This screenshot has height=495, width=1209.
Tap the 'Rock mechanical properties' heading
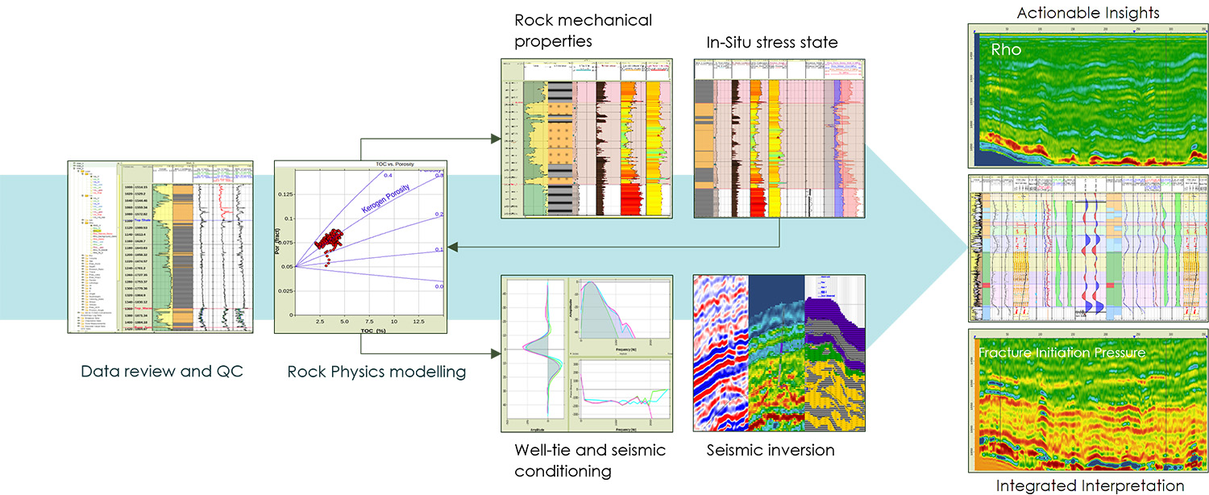[x=572, y=30]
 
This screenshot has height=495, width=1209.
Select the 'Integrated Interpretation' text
[x=1090, y=485]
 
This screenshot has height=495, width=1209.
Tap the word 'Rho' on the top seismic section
[x=1006, y=50]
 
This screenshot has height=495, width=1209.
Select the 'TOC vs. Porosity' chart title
[x=360, y=164]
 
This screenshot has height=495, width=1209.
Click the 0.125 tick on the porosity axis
[x=285, y=194]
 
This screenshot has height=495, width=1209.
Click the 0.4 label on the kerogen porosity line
[x=387, y=175]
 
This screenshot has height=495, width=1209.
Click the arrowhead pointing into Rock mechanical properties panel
[x=495, y=139]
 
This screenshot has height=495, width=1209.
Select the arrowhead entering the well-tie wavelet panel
[x=495, y=353]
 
